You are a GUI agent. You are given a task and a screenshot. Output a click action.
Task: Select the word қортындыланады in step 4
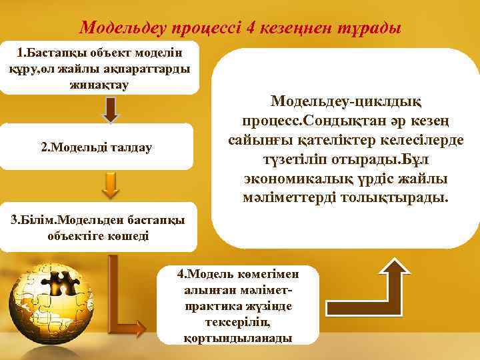pyautogui.click(x=237, y=337)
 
